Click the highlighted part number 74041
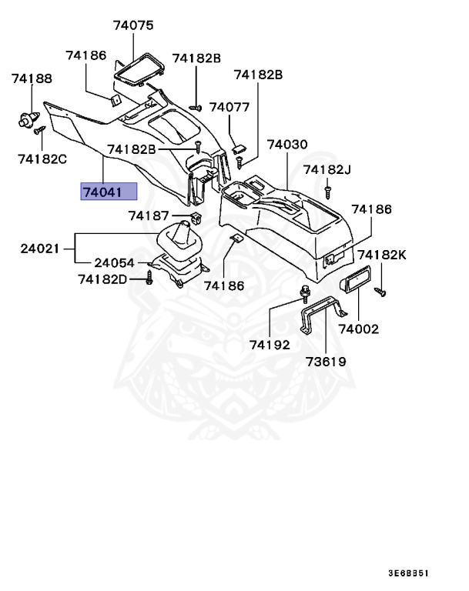click(x=109, y=192)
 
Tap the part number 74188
click(x=32, y=78)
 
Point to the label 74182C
click(x=42, y=159)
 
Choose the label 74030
click(x=287, y=145)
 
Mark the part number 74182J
click(x=327, y=169)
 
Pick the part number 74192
click(x=269, y=345)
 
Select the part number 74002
click(x=359, y=329)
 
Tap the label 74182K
click(x=382, y=255)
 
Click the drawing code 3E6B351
click(x=407, y=573)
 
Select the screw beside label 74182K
click(x=380, y=291)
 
